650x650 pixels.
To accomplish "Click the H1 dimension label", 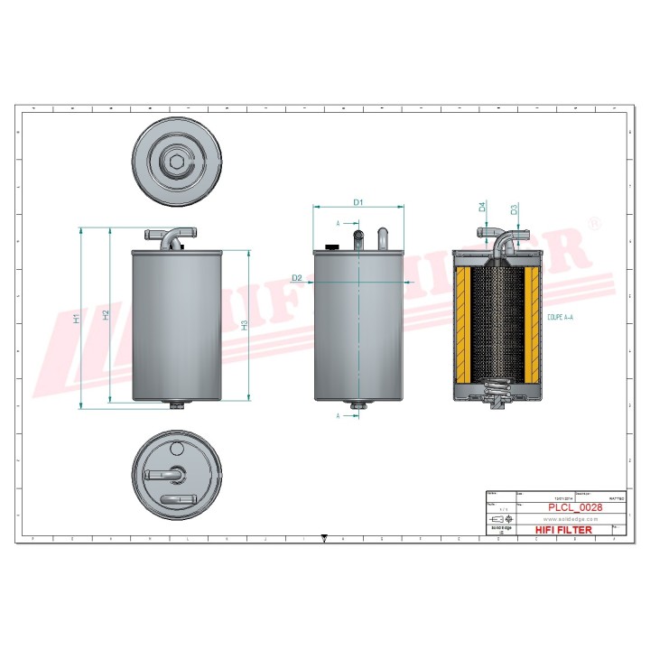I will click(78, 318).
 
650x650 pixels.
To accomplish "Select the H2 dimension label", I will click(106, 315).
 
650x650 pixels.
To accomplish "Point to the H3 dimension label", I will click(245, 325).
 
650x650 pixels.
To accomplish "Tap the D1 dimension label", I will click(357, 202).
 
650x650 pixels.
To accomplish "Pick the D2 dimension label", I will click(297, 278).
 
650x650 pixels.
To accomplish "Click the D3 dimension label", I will click(514, 209).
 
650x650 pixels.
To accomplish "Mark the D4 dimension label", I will click(483, 207).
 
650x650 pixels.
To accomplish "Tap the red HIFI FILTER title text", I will click(565, 530).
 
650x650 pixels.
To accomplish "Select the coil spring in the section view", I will click(495, 391).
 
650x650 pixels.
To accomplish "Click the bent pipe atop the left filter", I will click(170, 237).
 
